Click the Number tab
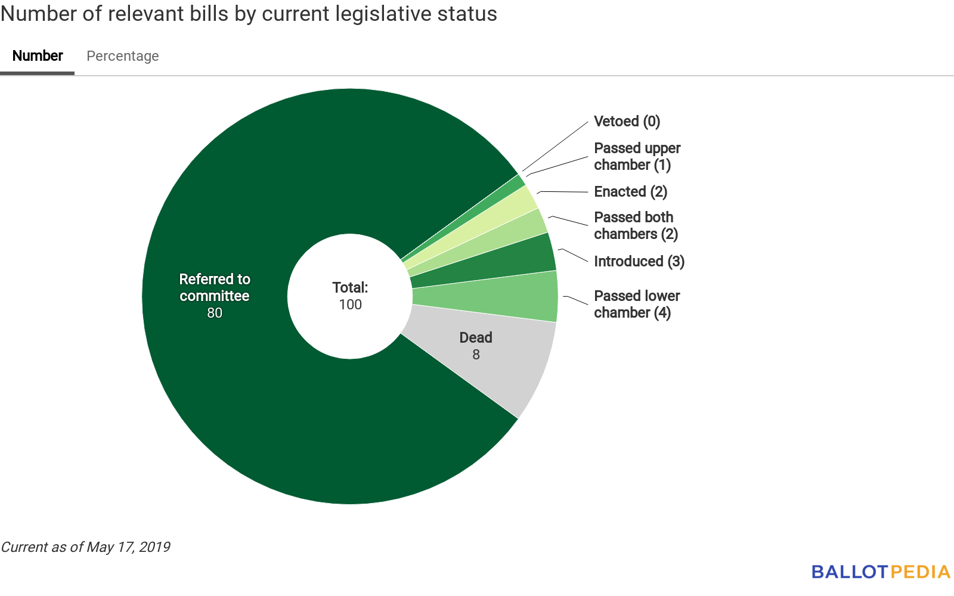pyautogui.click(x=38, y=56)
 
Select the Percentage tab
pyautogui.click(x=123, y=56)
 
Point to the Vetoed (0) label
pyautogui.click(x=627, y=122)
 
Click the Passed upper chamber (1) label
pyautogui.click(x=637, y=156)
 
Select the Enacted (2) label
pyautogui.click(x=630, y=192)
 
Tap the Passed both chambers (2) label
pyautogui.click(x=636, y=225)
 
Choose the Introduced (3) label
pyautogui.click(x=639, y=262)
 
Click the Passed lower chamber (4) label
pyautogui.click(x=637, y=304)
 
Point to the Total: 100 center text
pyautogui.click(x=350, y=296)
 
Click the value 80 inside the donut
pyautogui.click(x=215, y=313)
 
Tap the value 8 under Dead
pyautogui.click(x=476, y=355)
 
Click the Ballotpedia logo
pyautogui.click(x=880, y=572)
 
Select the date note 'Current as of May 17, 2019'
pyautogui.click(x=85, y=547)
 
